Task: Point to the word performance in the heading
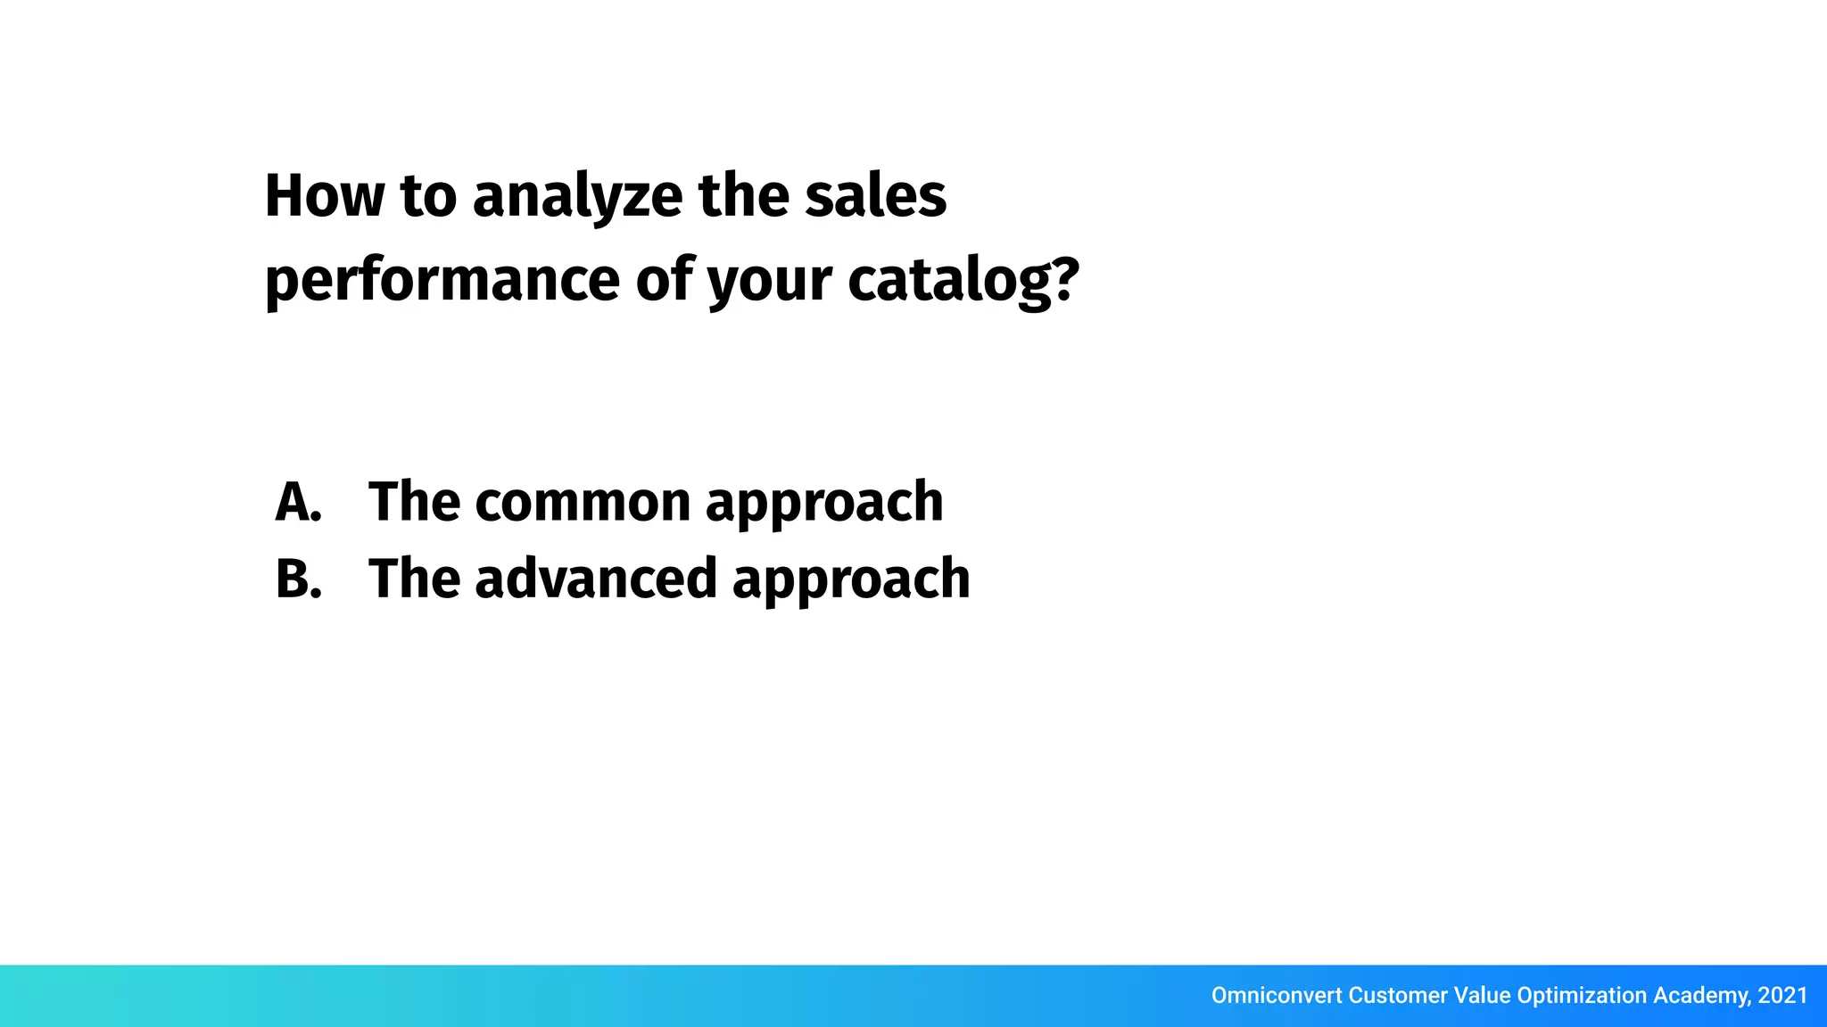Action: (x=442, y=281)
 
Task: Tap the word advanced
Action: (x=596, y=579)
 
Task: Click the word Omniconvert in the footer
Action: (x=1276, y=996)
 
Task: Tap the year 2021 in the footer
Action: (x=1782, y=996)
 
